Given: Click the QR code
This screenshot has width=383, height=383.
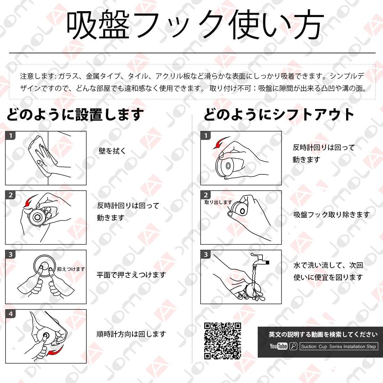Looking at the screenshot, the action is [222, 341].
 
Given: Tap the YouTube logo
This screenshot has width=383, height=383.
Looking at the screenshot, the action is [279, 346].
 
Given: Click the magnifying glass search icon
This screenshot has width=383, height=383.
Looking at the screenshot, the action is [294, 346].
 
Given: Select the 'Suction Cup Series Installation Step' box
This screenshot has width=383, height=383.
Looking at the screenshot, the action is [339, 346].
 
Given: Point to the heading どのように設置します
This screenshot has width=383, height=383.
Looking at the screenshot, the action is [75, 114].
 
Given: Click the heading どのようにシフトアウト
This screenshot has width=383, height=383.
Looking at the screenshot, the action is [279, 114].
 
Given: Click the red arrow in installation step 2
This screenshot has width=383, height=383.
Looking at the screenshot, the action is [29, 201].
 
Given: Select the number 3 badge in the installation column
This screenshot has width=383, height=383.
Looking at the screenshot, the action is [11, 254].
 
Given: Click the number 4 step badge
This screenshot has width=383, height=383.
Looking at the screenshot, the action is [11, 314].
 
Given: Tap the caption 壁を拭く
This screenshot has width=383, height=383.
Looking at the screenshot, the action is [112, 151].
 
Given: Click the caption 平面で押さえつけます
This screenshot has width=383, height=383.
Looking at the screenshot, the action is [131, 275].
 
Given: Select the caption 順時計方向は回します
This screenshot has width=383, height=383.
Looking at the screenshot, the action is [131, 334].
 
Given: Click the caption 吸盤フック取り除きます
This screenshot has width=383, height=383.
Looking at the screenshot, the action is [331, 215].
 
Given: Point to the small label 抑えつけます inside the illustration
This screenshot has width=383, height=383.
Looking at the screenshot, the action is [71, 269].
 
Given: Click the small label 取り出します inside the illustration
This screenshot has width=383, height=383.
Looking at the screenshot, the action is [218, 202].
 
